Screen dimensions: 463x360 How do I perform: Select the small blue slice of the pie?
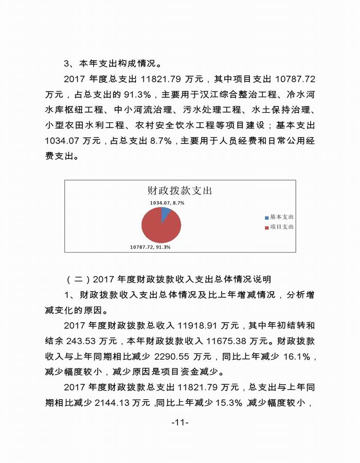[x=165, y=213]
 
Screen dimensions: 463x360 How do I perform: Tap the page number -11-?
[x=180, y=423]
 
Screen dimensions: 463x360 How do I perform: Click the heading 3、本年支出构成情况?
[x=113, y=64]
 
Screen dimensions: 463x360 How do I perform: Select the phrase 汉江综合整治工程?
[x=239, y=95]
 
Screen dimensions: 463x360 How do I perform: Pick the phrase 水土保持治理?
[x=282, y=110]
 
